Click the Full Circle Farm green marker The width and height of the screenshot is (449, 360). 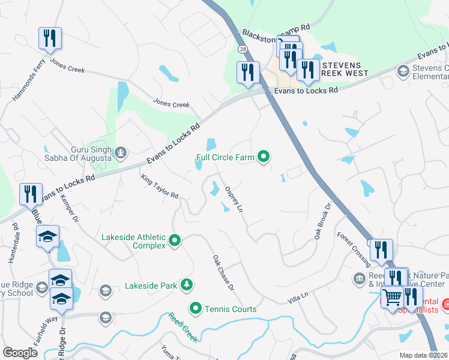point(263,157)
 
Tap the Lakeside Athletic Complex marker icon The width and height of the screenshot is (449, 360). point(175,241)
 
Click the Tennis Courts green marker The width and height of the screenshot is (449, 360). point(195,309)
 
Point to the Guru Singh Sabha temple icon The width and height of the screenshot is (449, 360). point(121,152)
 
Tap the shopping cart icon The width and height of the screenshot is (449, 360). point(391,296)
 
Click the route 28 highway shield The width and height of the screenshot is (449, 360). point(242,49)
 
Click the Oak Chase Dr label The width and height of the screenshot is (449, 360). point(222,272)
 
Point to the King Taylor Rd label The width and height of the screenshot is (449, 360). point(160,187)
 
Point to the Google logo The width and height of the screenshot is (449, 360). point(20,352)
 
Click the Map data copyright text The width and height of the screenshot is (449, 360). point(423,355)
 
